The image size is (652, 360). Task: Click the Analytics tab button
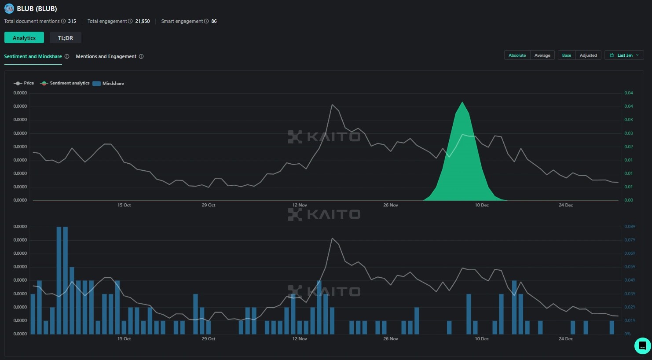tap(24, 38)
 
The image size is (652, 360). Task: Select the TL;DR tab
tap(66, 38)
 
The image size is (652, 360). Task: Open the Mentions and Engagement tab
tap(106, 56)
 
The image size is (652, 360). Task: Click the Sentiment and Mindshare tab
tap(33, 56)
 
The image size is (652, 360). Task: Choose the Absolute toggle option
tap(517, 55)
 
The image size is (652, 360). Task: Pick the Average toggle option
tap(542, 55)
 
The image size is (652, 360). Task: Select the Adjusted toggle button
tap(588, 55)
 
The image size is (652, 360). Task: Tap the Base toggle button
tap(567, 55)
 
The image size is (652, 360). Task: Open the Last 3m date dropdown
tap(624, 55)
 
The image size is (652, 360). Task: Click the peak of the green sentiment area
tap(462, 103)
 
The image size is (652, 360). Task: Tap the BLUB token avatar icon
tap(9, 8)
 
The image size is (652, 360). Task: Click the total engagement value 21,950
tap(143, 21)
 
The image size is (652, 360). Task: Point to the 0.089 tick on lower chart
tap(630, 227)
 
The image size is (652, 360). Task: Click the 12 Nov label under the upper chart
tap(300, 205)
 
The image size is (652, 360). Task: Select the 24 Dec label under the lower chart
tap(566, 339)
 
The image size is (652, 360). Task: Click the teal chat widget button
tap(642, 345)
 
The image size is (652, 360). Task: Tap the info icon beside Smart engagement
tap(206, 21)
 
